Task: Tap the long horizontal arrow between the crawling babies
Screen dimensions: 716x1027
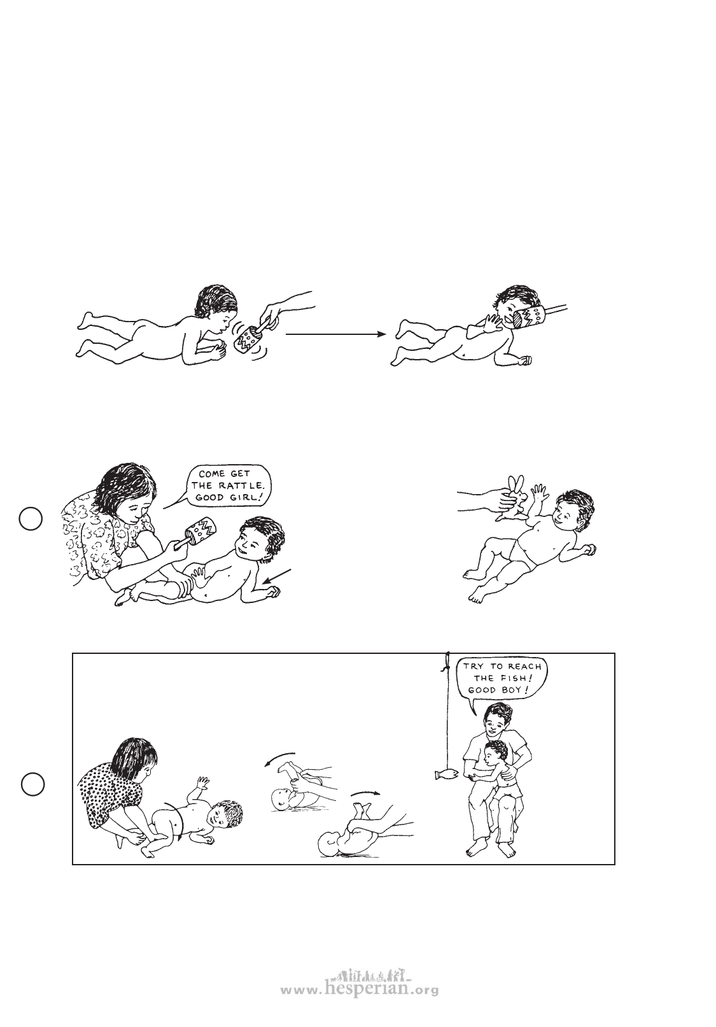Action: pos(335,334)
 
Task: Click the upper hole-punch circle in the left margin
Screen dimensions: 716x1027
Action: pos(31,519)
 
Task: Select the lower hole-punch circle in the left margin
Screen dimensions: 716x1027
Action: pos(32,784)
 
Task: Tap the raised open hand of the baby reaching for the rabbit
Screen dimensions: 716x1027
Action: pos(538,494)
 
